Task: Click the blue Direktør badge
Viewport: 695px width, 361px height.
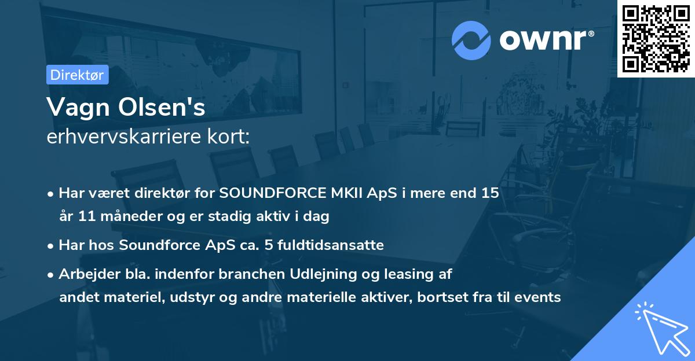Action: tap(78, 75)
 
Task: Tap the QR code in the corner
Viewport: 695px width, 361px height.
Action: tap(656, 38)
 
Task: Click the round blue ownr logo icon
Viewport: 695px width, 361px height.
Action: tap(471, 40)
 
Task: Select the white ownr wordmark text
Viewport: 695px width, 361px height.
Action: tap(547, 40)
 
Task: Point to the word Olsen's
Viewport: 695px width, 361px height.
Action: tap(162, 107)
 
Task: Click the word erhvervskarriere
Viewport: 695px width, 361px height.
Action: tap(124, 137)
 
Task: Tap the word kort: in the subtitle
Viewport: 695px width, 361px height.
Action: tap(228, 137)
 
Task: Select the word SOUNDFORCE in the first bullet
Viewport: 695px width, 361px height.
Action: tap(273, 193)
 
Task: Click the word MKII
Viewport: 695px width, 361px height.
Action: tap(346, 193)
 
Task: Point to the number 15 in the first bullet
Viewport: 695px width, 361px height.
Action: tap(490, 193)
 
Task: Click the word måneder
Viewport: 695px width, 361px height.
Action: tap(131, 216)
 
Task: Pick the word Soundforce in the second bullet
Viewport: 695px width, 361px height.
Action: tap(159, 245)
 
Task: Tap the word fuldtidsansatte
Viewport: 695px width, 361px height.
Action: tap(331, 245)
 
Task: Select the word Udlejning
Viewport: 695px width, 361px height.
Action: tap(323, 274)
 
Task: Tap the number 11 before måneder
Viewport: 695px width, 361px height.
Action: tap(86, 216)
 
